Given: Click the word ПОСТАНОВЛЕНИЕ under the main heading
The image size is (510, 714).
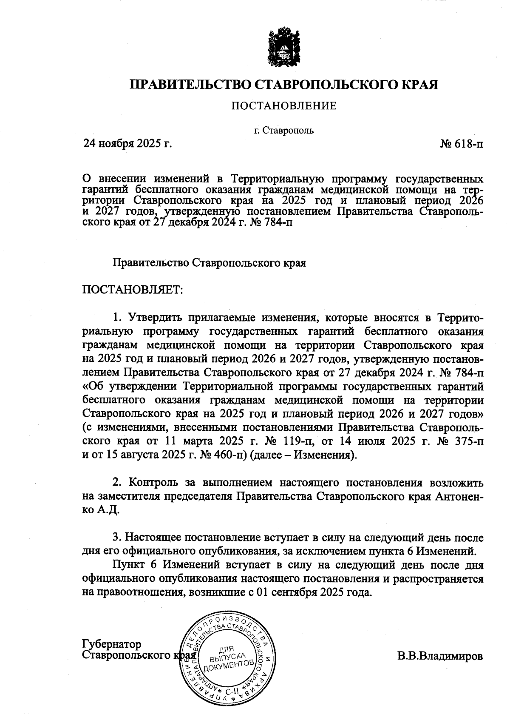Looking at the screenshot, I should point(283,106).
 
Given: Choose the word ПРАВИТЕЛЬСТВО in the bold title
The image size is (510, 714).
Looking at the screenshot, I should point(191,84).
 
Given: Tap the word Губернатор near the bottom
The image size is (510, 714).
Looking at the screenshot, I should point(112,644).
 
